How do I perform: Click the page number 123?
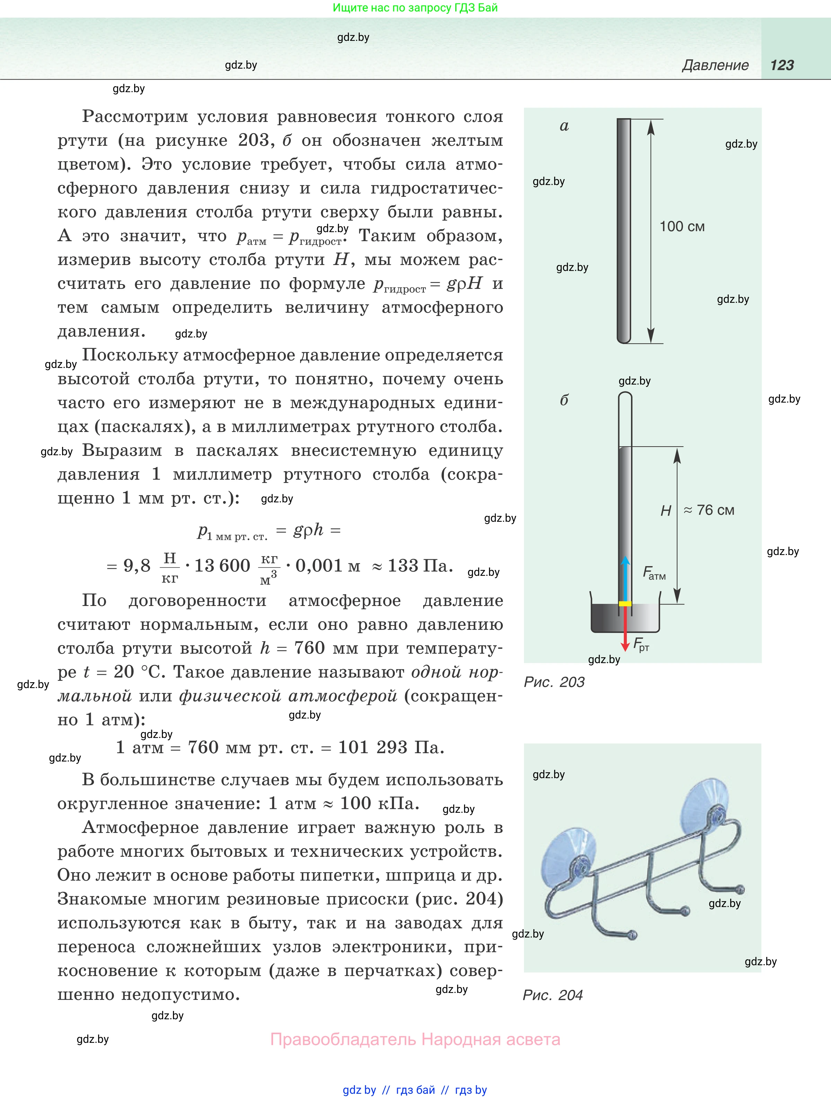coord(782,65)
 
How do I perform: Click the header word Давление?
coord(715,65)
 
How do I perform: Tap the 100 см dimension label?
coord(682,227)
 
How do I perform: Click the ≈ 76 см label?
coord(709,510)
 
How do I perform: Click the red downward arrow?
coord(625,629)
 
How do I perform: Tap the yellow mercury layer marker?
coord(625,604)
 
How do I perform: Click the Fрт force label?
coord(641,644)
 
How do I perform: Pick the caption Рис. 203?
coord(554,682)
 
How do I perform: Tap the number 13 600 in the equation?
coord(222,566)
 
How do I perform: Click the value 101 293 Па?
coord(391,747)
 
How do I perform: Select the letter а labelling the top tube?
coord(564,126)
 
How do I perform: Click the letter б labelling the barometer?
coord(564,400)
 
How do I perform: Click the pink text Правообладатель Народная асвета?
coord(415,1039)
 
